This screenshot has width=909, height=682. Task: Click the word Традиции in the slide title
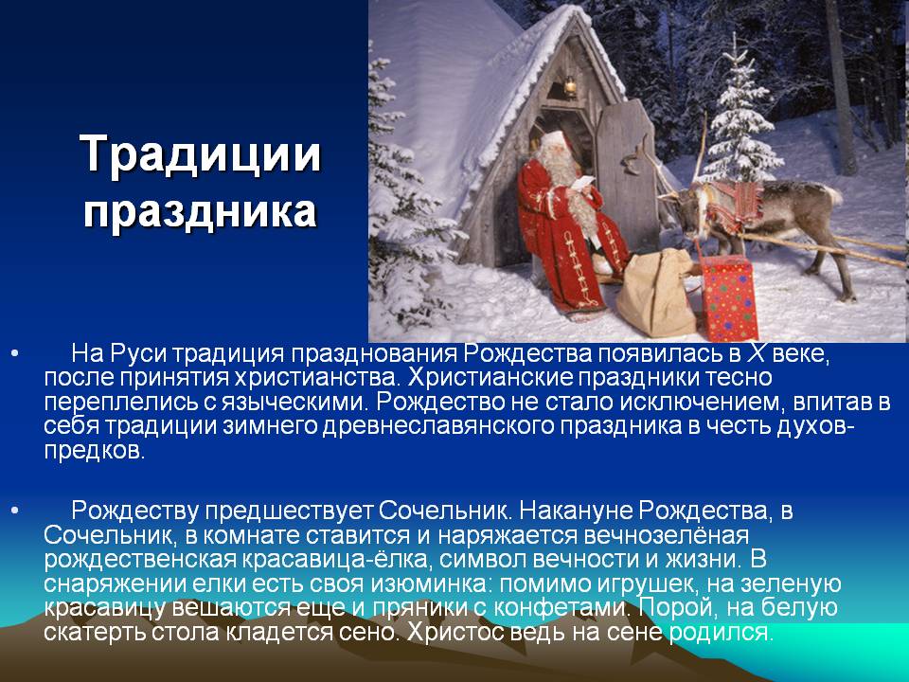point(201,154)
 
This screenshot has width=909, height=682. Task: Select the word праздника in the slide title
point(201,211)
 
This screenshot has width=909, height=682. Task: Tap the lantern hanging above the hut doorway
point(570,87)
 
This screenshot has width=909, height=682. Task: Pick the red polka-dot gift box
point(729,298)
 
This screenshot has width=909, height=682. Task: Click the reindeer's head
point(681,210)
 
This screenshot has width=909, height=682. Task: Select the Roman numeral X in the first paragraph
point(756,352)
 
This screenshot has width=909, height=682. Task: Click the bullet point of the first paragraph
point(15,353)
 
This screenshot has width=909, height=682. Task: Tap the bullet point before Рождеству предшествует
point(15,511)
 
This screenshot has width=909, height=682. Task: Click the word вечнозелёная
point(666,535)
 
